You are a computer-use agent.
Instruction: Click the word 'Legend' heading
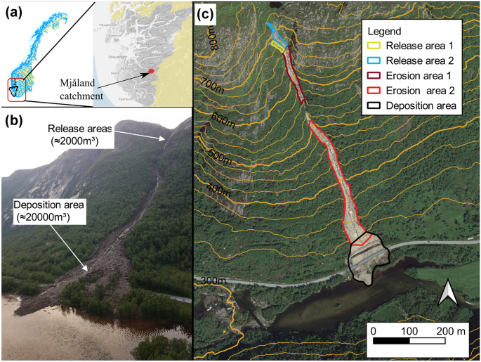coord(384,32)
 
